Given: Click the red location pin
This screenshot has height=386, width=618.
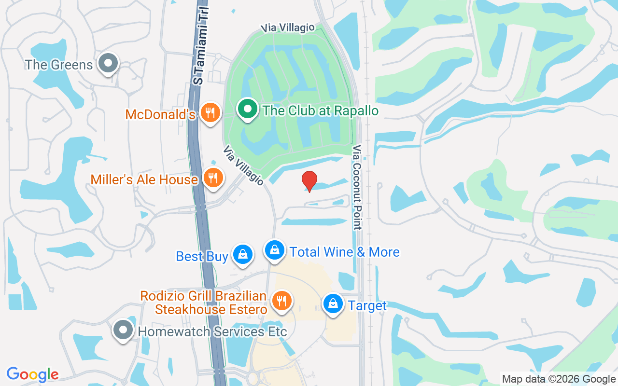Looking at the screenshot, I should pyautogui.click(x=309, y=181).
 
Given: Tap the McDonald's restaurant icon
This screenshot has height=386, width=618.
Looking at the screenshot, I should pyautogui.click(x=210, y=113).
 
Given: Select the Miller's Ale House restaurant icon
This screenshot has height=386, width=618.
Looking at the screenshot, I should pyautogui.click(x=212, y=178).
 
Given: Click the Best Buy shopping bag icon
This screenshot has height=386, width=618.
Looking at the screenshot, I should pyautogui.click(x=242, y=254).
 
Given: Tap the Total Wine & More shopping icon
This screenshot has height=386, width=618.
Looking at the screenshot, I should pyautogui.click(x=274, y=250).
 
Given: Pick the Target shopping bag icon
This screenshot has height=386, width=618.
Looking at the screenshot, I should pyautogui.click(x=333, y=304).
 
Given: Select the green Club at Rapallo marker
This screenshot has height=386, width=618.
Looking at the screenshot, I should pyautogui.click(x=248, y=109).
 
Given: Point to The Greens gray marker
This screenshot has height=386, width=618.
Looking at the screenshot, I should pyautogui.click(x=108, y=63).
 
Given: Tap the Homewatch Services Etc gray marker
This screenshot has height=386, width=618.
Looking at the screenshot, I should pyautogui.click(x=123, y=331).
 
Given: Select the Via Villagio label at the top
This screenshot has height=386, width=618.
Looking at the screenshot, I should pyautogui.click(x=288, y=28).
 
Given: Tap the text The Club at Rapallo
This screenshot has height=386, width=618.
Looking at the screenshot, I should pyautogui.click(x=321, y=110).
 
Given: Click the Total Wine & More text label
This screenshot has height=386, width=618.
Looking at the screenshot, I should pyautogui.click(x=344, y=252).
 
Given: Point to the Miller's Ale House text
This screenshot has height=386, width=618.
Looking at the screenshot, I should pyautogui.click(x=144, y=179).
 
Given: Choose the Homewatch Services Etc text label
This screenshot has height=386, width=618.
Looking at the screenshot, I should pyautogui.click(x=212, y=332).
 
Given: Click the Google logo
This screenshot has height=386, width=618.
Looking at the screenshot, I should pyautogui.click(x=33, y=374).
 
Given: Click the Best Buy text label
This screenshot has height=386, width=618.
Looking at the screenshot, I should pyautogui.click(x=202, y=256).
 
